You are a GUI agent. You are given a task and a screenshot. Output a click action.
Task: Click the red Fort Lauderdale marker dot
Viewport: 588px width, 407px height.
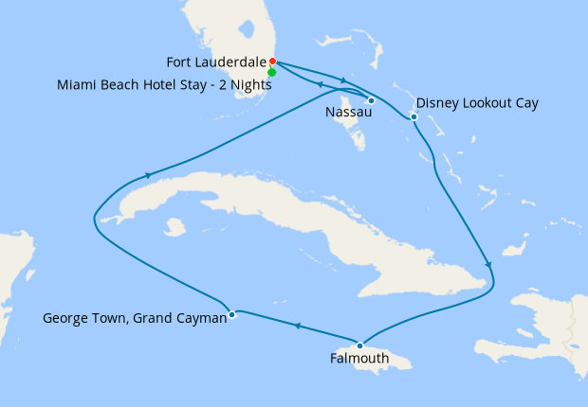pos(272,62)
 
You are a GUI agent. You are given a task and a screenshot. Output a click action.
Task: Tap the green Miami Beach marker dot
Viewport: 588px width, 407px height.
pos(272,72)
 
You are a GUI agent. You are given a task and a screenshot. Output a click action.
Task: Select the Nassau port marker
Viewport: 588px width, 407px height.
pos(371,100)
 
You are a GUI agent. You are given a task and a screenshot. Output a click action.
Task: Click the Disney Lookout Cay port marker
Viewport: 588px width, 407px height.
pos(413,117)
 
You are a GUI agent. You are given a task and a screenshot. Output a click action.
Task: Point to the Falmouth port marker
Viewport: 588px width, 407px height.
pos(359,345)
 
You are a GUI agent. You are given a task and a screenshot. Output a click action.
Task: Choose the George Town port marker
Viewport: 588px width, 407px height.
pos(232,314)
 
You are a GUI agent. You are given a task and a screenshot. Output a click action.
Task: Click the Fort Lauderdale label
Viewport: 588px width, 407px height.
pos(216,63)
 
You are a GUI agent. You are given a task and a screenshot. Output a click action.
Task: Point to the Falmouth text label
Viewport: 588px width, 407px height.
pos(358,359)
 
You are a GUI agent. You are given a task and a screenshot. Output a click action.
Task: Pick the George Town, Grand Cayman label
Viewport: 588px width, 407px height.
pos(135,319)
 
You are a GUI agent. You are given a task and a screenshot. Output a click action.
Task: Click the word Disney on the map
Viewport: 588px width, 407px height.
pos(437,102)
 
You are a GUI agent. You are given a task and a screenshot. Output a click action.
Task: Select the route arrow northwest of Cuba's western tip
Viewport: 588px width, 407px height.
pos(148,175)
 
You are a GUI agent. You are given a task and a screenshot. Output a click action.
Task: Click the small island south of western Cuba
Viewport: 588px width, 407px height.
pos(174,227)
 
